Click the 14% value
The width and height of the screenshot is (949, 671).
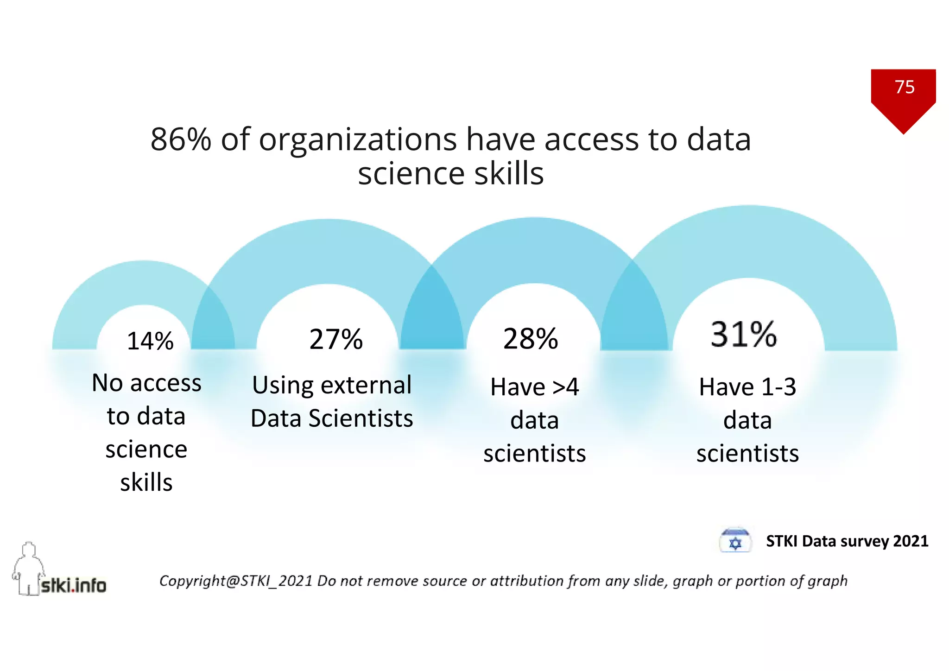pyautogui.click(x=150, y=341)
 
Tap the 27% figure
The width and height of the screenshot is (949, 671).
pyautogui.click(x=336, y=339)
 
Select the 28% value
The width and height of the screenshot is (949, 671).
pyautogui.click(x=531, y=339)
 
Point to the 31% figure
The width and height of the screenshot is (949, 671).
pyautogui.click(x=743, y=334)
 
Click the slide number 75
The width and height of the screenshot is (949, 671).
pyautogui.click(x=904, y=87)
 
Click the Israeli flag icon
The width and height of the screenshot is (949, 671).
pyautogui.click(x=735, y=541)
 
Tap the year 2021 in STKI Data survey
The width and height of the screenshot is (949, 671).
pyautogui.click(x=910, y=541)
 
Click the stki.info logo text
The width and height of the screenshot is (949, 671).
pyautogui.click(x=74, y=586)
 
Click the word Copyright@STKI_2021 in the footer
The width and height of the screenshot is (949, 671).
pyautogui.click(x=236, y=581)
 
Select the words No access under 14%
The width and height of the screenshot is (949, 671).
pyautogui.click(x=146, y=383)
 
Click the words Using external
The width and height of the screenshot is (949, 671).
pyautogui.click(x=332, y=385)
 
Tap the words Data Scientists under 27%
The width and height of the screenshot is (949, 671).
pyautogui.click(x=332, y=418)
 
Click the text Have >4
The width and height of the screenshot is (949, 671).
pyautogui.click(x=534, y=387)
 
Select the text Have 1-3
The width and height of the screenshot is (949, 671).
pyautogui.click(x=747, y=387)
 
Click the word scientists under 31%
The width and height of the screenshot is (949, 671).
pyautogui.click(x=747, y=453)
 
